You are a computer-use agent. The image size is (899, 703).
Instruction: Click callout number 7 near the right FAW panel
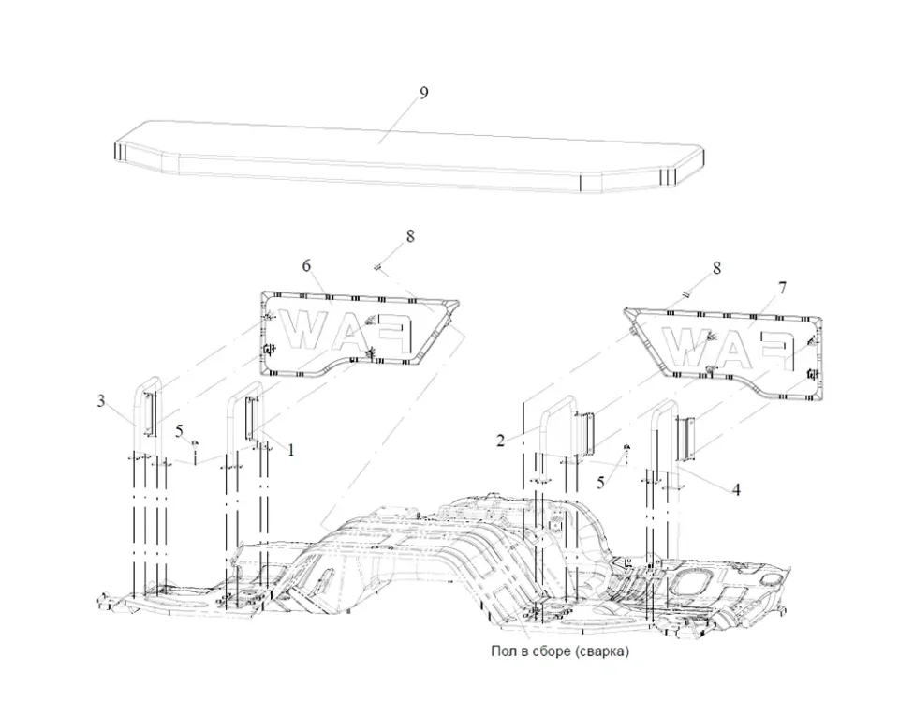pos(783,285)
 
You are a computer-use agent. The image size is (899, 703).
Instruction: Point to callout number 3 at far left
pos(100,401)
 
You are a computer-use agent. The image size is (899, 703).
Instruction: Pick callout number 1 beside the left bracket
pos(291,450)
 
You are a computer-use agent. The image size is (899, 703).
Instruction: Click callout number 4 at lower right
pos(737,488)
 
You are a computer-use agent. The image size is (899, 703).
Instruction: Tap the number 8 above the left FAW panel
pos(409,236)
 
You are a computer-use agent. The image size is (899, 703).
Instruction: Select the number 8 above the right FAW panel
pos(717,268)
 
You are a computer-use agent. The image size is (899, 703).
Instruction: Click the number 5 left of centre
pos(180,430)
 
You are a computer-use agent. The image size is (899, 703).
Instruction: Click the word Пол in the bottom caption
pos(502,651)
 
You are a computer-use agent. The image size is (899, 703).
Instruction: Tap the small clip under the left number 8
pos(377,267)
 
